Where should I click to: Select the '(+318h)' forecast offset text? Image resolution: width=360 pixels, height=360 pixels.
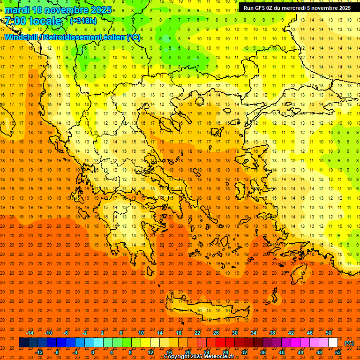tap(84, 21)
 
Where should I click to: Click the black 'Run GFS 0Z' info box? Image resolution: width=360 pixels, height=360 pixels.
tap(297, 8)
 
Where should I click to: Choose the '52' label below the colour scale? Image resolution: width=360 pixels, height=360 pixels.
tap(338, 352)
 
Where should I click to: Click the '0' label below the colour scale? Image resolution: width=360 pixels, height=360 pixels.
tap(93, 352)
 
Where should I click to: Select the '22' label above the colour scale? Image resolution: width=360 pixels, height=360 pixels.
tap(197, 333)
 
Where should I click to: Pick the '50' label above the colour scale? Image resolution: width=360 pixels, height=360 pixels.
tap(329, 333)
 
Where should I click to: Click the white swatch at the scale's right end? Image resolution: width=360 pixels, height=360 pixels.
tap(333, 343)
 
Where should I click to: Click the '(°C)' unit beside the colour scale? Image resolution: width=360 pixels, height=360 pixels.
tap(349, 343)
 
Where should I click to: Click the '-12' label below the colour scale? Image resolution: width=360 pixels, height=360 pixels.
tap(39, 352)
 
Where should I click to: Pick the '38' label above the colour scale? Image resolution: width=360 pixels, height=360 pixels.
tap(272, 333)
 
